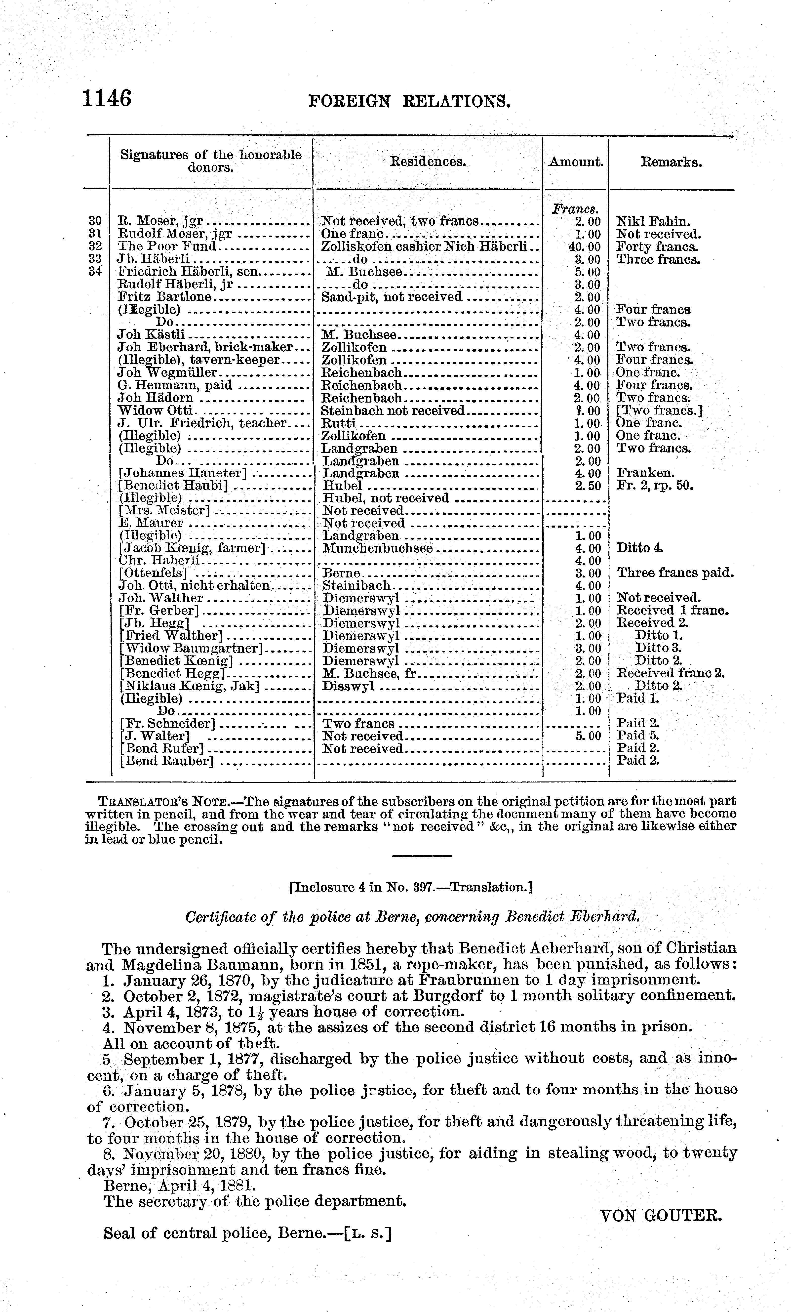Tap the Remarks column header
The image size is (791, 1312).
671,162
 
